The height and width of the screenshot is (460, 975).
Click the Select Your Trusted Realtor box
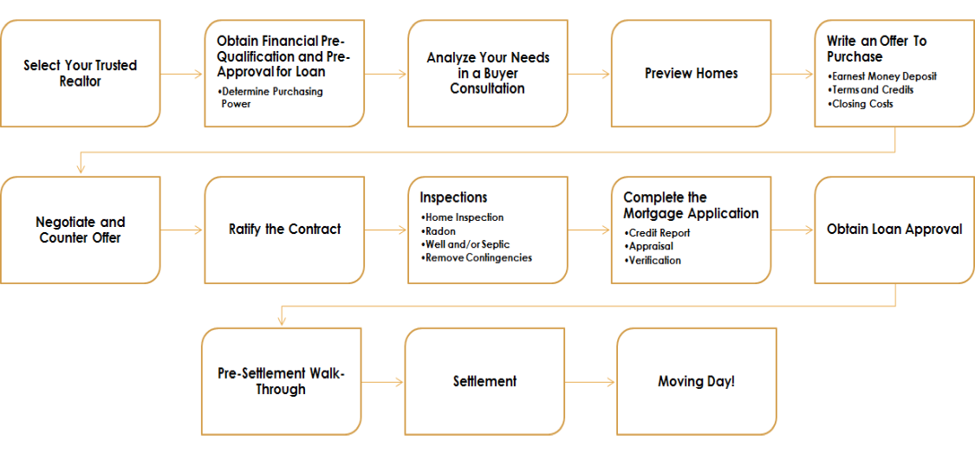click(81, 74)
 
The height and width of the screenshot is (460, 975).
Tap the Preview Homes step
click(692, 74)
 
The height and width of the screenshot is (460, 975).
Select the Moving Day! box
click(697, 381)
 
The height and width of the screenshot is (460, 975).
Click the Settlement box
click(485, 381)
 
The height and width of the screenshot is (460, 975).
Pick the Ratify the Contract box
click(285, 230)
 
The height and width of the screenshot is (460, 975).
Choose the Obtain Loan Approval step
click(894, 230)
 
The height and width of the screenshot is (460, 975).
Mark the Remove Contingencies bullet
click(476, 257)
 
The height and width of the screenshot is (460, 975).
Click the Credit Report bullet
click(657, 233)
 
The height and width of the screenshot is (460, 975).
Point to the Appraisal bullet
click(648, 247)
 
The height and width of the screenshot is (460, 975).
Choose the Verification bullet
click(653, 261)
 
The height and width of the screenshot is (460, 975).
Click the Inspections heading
click(453, 198)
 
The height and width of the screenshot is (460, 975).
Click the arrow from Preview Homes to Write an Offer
click(793, 74)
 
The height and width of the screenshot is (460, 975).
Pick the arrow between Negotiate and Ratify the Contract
click(182, 230)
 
